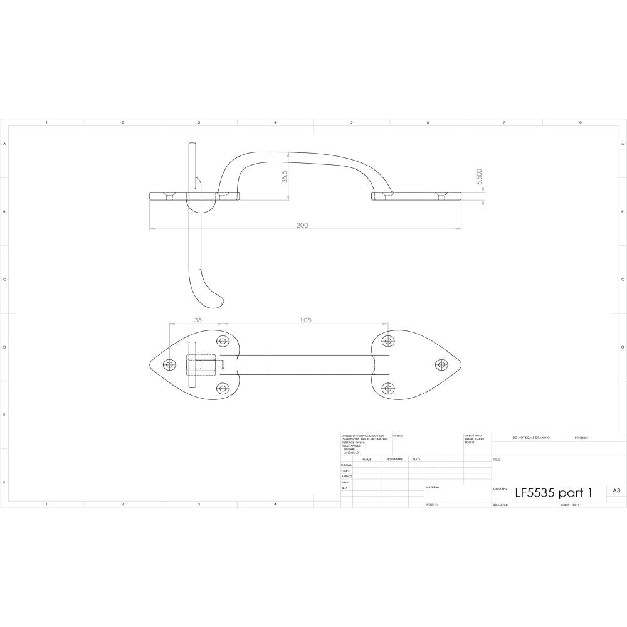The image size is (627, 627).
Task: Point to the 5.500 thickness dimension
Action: pyautogui.click(x=479, y=179)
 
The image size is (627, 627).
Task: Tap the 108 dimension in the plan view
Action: pyautogui.click(x=305, y=320)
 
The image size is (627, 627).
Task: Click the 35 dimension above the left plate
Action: pyautogui.click(x=198, y=320)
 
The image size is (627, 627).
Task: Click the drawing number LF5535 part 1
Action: pyautogui.click(x=552, y=492)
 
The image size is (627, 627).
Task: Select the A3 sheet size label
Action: pyautogui.click(x=616, y=491)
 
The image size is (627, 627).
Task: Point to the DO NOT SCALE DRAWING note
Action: pyautogui.click(x=530, y=437)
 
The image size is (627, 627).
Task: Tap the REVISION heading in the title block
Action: pyautogui.click(x=582, y=438)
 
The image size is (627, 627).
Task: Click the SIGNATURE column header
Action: pyautogui.click(x=394, y=459)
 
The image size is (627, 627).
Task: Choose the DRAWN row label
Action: pyautogui.click(x=347, y=465)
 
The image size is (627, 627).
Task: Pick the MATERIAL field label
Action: pyautogui.click(x=433, y=487)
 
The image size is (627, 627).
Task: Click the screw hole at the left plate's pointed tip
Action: pyautogui.click(x=169, y=364)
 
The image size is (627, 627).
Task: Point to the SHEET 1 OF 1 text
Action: pyautogui.click(x=570, y=504)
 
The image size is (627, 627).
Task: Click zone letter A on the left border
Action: pyautogui.click(x=6, y=144)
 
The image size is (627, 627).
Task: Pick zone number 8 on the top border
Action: pyautogui.click(x=580, y=122)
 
